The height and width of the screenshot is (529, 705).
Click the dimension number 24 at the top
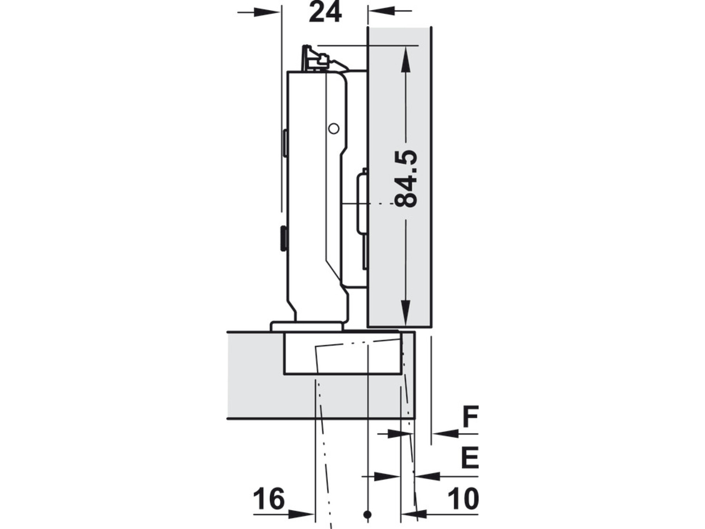click(325, 12)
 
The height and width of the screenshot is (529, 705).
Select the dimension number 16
click(269, 499)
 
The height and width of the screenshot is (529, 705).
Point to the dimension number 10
click(463, 499)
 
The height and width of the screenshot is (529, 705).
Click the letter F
click(470, 417)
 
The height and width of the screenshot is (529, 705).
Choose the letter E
click(470, 458)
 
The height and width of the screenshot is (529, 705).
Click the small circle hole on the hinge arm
click(334, 129)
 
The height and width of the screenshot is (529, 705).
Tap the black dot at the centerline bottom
click(367, 515)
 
